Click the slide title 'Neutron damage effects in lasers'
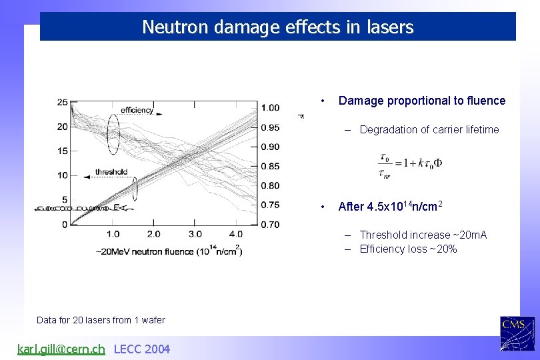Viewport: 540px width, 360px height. [277, 27]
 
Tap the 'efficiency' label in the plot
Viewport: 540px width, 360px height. [137, 110]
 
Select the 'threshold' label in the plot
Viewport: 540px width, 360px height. [111, 172]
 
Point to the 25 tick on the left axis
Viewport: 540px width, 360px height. [62, 102]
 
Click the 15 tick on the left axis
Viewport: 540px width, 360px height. [62, 151]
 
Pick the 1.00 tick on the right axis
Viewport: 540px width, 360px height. [270, 108]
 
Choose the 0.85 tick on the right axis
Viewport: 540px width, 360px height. [270, 166]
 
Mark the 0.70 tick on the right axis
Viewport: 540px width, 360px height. [270, 225]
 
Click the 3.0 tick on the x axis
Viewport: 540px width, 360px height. [195, 234]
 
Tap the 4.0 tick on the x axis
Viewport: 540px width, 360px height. [236, 234]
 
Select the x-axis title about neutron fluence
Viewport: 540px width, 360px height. [169, 251]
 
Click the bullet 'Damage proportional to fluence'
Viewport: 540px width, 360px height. [421, 101]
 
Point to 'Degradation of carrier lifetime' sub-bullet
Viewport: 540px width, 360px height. [429, 130]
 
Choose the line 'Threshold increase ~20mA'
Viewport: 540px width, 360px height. [423, 235]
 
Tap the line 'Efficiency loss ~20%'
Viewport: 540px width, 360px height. [408, 249]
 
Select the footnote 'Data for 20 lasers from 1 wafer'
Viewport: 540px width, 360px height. [101, 320]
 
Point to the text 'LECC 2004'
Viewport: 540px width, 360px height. [142, 349]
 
